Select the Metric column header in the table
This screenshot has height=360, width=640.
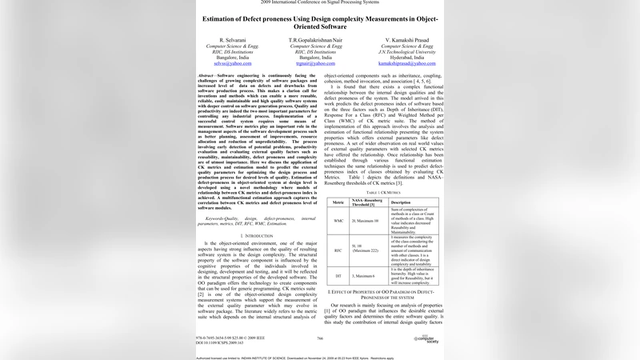point(338,202)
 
